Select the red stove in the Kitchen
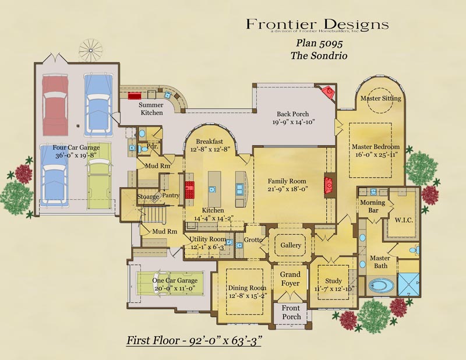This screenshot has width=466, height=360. (x=189, y=190)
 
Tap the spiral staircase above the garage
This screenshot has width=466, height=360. (x=90, y=50)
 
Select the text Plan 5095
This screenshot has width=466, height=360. (x=319, y=44)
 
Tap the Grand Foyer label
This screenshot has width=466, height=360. (x=290, y=279)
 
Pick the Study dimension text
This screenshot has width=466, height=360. (x=333, y=289)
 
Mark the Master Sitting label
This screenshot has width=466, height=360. (x=380, y=98)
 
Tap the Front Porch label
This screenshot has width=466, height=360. (x=291, y=312)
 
